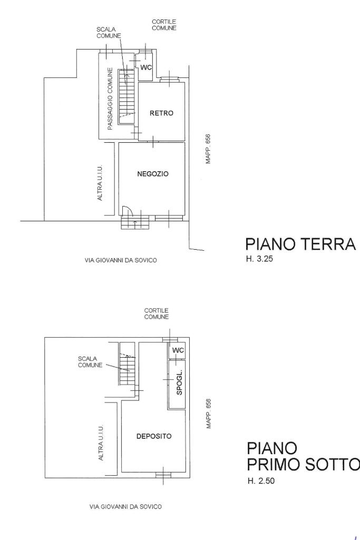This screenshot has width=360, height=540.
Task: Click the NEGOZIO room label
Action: pyautogui.click(x=153, y=174)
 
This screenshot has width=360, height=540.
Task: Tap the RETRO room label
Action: pyautogui.click(x=161, y=113)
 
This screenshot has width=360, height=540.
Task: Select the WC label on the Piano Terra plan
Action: pyautogui.click(x=146, y=67)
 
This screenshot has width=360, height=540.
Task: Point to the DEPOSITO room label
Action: pyautogui.click(x=154, y=436)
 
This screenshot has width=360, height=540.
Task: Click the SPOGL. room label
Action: pyautogui.click(x=179, y=384)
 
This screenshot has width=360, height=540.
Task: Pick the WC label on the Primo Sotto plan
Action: pyautogui.click(x=178, y=350)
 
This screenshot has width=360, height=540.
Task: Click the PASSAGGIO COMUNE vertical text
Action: pyautogui.click(x=110, y=99)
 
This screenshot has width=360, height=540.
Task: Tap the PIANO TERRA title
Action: pyautogui.click(x=300, y=244)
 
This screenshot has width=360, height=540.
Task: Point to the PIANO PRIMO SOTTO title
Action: pyautogui.click(x=303, y=456)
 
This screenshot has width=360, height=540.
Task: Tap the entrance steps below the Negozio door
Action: pyautogui.click(x=135, y=222)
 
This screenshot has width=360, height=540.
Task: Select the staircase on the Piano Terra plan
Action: pyautogui.click(x=127, y=97)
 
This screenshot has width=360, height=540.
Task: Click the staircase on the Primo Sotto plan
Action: pyautogui.click(x=128, y=364)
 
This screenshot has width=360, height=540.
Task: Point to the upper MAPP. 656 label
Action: pyautogui.click(x=208, y=149)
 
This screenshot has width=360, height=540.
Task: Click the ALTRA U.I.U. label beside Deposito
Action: pyautogui.click(x=101, y=443)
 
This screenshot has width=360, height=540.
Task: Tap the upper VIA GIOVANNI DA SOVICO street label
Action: pyautogui.click(x=121, y=260)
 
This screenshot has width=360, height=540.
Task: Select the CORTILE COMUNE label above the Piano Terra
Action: pyautogui.click(x=164, y=25)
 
